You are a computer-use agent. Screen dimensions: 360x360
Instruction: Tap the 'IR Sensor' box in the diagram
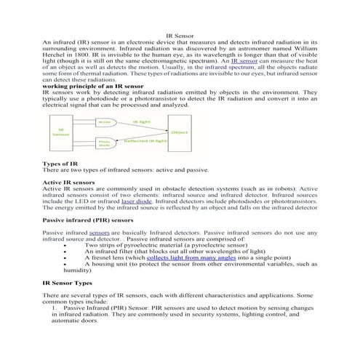click(62, 132)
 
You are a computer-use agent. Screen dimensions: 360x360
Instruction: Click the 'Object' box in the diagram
click(178, 133)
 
